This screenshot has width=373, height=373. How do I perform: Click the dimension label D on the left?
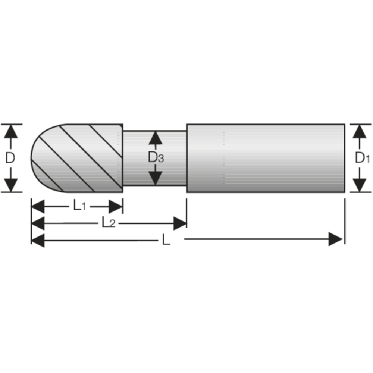(x=10, y=158)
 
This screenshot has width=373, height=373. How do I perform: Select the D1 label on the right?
(x=361, y=158)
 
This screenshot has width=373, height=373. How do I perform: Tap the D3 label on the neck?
(x=156, y=158)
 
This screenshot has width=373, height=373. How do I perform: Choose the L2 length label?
(x=108, y=223)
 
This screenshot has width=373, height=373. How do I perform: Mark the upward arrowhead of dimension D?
(x=12, y=132)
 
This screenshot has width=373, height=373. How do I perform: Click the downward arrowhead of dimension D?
(x=12, y=185)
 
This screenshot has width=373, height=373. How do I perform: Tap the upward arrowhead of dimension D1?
(x=359, y=132)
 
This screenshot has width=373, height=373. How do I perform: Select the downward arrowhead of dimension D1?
(x=359, y=185)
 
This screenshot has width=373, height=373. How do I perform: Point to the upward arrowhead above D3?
(x=156, y=138)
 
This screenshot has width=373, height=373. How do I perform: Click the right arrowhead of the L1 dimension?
(x=116, y=206)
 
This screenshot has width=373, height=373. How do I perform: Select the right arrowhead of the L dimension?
(x=335, y=239)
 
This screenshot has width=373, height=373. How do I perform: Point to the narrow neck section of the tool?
(x=172, y=158)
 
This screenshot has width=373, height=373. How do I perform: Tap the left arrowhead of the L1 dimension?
(x=38, y=206)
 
